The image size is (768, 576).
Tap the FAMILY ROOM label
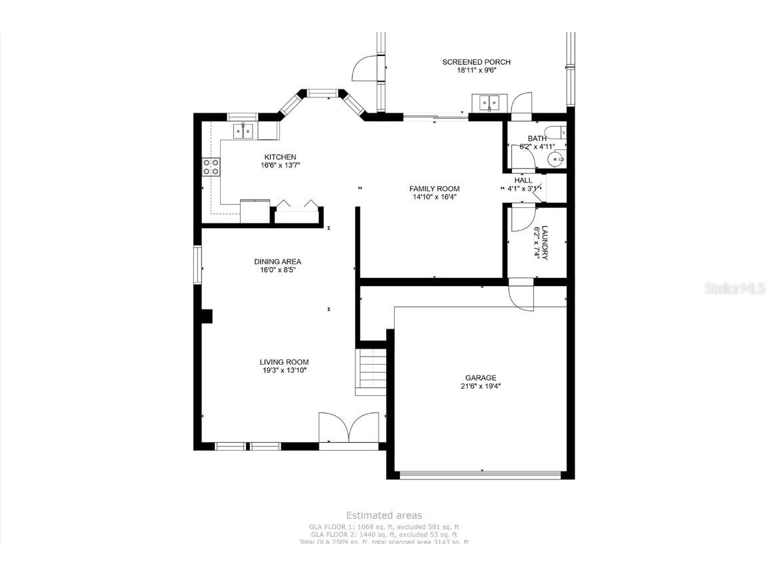(434, 189)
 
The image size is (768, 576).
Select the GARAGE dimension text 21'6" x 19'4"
(481, 386)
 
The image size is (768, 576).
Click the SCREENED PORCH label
(476, 62)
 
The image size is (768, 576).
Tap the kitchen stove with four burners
(211, 167)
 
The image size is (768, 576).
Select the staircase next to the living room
(372, 372)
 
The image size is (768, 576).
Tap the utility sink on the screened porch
(489, 103)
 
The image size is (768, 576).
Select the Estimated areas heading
(383, 515)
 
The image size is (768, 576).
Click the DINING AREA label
(277, 262)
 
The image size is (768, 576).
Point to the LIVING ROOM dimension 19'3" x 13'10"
(283, 370)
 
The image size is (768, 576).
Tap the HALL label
(523, 180)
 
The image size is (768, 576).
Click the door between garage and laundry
(521, 295)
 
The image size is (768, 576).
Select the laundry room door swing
(522, 219)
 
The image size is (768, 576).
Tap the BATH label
(537, 139)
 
